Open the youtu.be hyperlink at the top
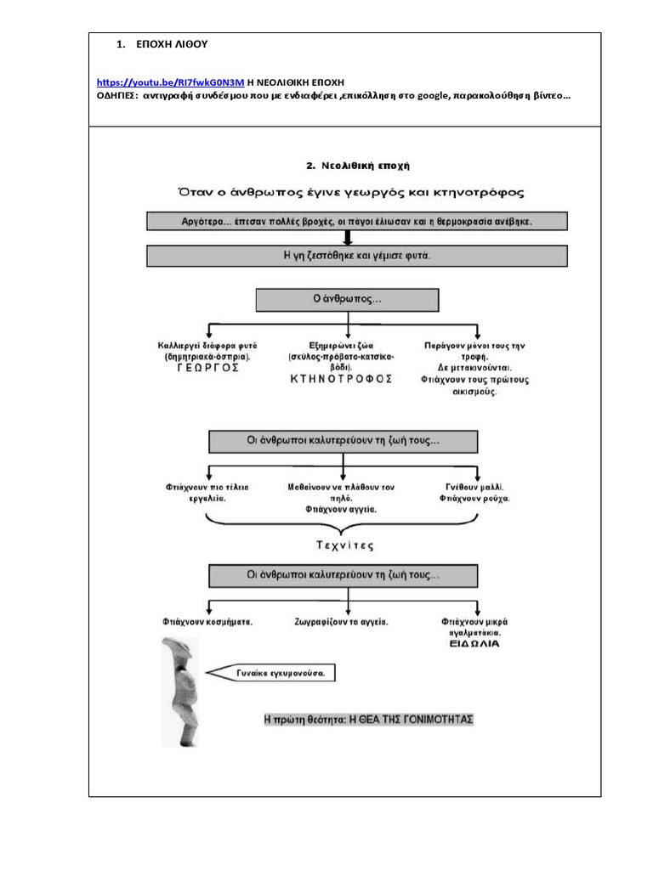(170, 82)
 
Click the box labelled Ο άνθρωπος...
(348, 300)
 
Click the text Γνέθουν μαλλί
(475, 487)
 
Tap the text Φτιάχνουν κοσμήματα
(208, 622)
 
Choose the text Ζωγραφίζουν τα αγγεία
(342, 622)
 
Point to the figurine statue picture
(180, 692)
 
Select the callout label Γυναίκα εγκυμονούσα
(279, 674)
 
